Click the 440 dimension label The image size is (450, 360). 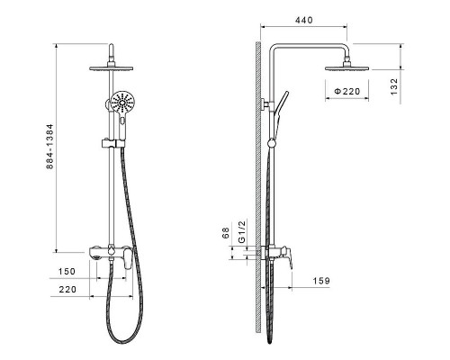tap(304, 20)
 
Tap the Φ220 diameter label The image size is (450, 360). tap(347, 91)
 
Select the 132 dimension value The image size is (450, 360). tap(394, 86)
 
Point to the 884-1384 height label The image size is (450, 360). tap(49, 146)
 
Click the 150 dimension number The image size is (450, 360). tap(67, 272)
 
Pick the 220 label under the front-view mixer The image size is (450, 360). tap(67, 290)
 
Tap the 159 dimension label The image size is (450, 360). tap(321, 281)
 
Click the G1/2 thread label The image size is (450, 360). tap(242, 231)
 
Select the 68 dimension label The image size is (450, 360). tap(226, 233)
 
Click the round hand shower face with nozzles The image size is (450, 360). tap(122, 102)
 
